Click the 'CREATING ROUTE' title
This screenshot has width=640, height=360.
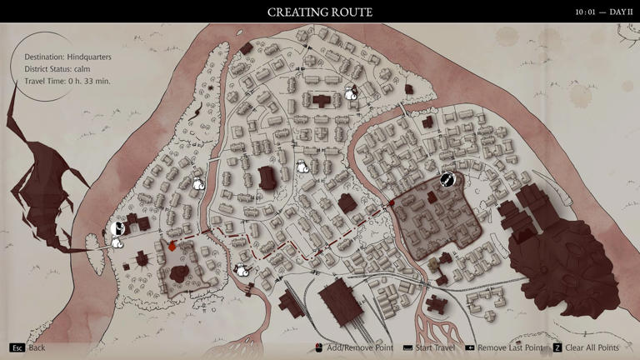(320, 12)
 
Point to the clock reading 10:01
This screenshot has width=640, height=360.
(586, 12)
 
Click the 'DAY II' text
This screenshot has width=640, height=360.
(622, 12)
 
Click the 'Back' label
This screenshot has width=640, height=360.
(37, 347)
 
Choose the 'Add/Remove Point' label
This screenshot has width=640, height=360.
(360, 347)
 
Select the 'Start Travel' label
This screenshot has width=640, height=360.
(436, 347)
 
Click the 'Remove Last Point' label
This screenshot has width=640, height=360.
(510, 347)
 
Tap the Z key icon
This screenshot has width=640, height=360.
(557, 347)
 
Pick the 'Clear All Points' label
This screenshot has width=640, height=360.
(592, 347)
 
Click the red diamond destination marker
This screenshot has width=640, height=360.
(172, 246)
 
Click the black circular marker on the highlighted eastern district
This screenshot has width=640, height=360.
(447, 179)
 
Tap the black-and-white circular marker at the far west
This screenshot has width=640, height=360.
(117, 227)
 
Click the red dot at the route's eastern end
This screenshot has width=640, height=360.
(391, 202)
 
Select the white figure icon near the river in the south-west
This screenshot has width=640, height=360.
(241, 270)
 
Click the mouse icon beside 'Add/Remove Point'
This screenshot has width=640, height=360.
(319, 347)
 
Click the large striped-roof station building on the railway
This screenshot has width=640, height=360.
(340, 300)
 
